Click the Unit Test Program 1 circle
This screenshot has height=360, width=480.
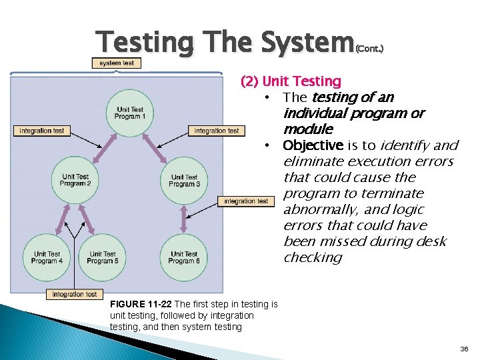pyautogui.click(x=130, y=113)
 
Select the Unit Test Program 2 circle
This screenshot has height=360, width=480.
pyautogui.click(x=75, y=180)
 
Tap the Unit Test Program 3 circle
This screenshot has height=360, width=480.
pyautogui.click(x=185, y=181)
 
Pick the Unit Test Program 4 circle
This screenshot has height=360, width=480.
pyautogui.click(x=47, y=257)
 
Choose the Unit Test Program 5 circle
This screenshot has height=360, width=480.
pyautogui.click(x=102, y=257)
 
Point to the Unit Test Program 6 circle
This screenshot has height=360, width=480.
pyautogui.click(x=184, y=257)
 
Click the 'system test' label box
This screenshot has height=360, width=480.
pyautogui.click(x=117, y=63)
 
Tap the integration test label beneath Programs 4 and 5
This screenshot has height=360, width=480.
pyautogui.click(x=75, y=294)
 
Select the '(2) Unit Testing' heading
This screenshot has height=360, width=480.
pyautogui.click(x=291, y=81)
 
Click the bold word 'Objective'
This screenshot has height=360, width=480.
pyautogui.click(x=313, y=145)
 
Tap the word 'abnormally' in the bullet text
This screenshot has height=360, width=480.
pyautogui.click(x=319, y=209)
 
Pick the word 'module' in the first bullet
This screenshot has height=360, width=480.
pyautogui.click(x=307, y=129)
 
